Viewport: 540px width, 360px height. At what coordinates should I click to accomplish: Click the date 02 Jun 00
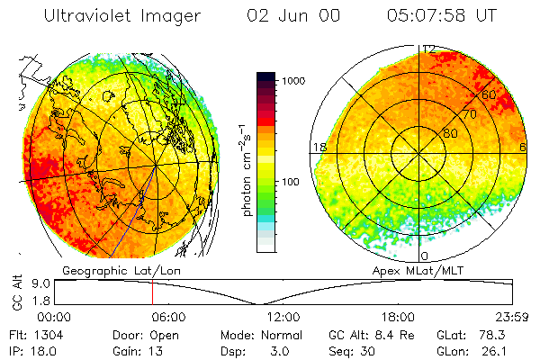pyautogui.click(x=290, y=16)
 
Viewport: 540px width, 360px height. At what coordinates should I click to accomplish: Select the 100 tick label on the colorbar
pyautogui.click(x=292, y=182)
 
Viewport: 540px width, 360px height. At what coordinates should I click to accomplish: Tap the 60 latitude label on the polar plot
pyautogui.click(x=490, y=94)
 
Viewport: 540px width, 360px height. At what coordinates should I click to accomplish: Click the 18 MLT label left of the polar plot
pyautogui.click(x=318, y=148)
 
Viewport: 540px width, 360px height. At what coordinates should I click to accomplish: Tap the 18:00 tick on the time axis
pyautogui.click(x=398, y=317)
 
